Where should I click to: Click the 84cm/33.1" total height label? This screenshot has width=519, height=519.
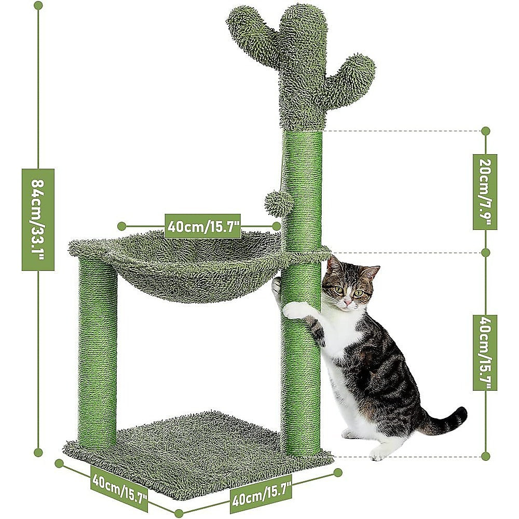[38, 220]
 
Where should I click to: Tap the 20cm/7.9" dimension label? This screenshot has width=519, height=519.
[485, 192]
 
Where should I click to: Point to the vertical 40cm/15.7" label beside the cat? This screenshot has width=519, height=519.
[485, 352]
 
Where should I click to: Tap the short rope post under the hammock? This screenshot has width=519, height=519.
[98, 353]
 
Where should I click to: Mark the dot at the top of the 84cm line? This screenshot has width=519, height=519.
[38, 5]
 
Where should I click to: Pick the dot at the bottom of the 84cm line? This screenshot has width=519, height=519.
[38, 453]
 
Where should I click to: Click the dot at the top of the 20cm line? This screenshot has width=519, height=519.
[485, 131]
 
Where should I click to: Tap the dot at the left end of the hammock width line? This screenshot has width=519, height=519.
[121, 226]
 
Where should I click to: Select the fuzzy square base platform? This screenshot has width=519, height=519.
[197, 452]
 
